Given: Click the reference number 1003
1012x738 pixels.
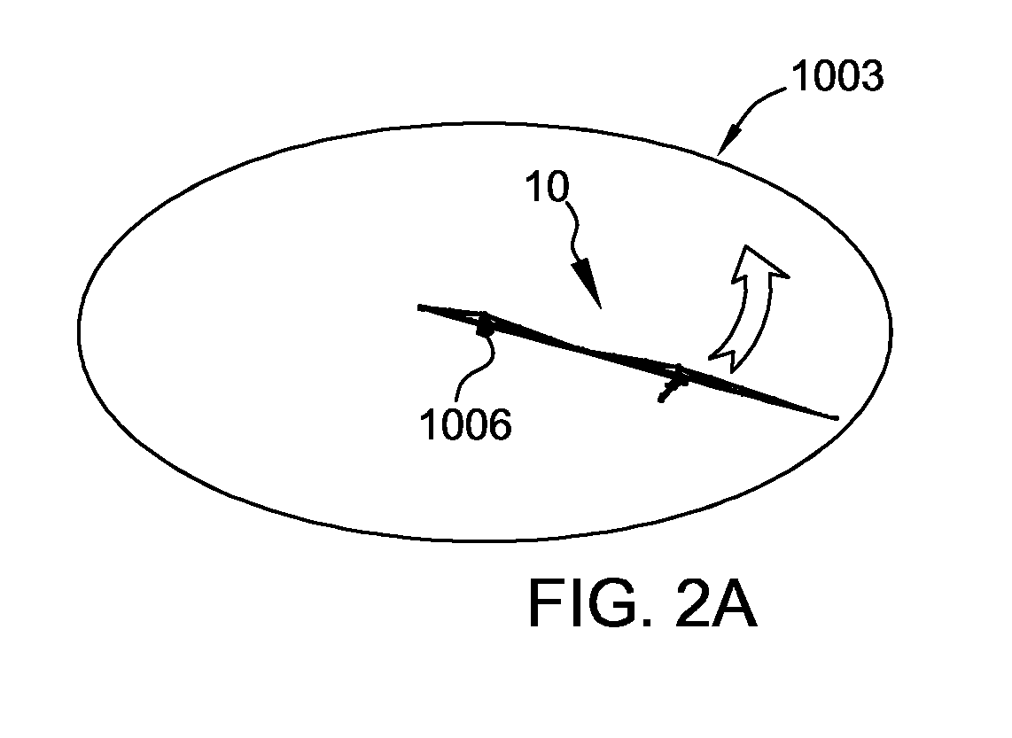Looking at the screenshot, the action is pyautogui.click(x=837, y=75).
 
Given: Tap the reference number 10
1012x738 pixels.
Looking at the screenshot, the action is pyautogui.click(x=548, y=186).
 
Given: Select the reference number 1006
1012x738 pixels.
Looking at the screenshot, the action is pyautogui.click(x=465, y=424).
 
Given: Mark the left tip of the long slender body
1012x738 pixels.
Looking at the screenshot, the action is pyautogui.click(x=420, y=307).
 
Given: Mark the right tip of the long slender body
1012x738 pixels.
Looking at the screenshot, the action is pyautogui.click(x=837, y=418).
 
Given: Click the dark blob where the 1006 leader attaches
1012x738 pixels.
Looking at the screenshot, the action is pyautogui.click(x=485, y=328).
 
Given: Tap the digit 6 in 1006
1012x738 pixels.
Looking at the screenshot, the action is pyautogui.click(x=500, y=425).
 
